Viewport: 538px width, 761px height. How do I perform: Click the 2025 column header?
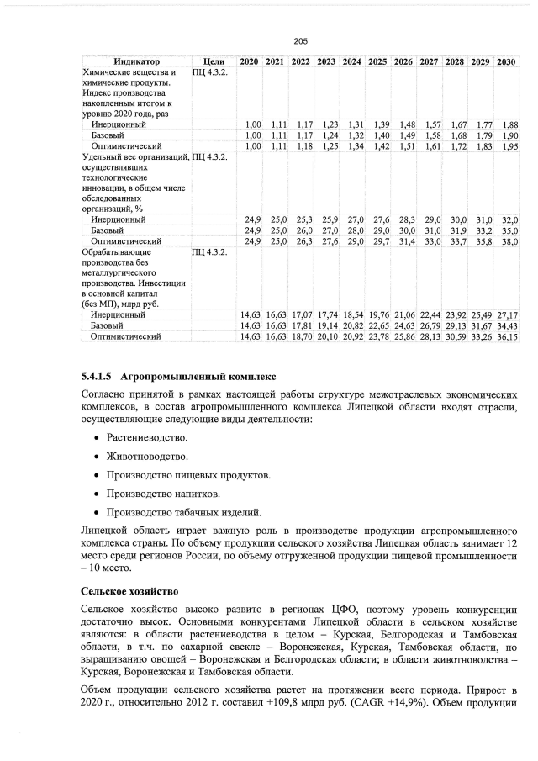377,62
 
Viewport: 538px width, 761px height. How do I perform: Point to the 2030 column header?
506,62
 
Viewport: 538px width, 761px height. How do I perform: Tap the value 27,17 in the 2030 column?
506,314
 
